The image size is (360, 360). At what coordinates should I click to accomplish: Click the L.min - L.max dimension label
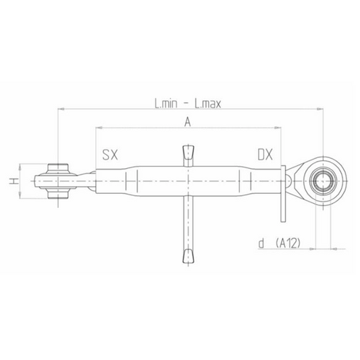pyautogui.click(x=188, y=104)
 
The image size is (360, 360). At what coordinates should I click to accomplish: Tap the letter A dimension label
pyautogui.click(x=188, y=122)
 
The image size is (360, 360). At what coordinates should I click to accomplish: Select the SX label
pyautogui.click(x=110, y=155)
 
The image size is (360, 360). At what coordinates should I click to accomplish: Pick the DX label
pyautogui.click(x=265, y=155)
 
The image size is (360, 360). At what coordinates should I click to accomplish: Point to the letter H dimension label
pyautogui.click(x=14, y=181)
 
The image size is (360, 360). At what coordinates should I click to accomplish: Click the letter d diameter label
pyautogui.click(x=261, y=243)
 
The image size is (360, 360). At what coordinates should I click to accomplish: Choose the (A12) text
pyautogui.click(x=288, y=243)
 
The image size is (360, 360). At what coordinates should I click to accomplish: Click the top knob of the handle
pyautogui.click(x=188, y=152)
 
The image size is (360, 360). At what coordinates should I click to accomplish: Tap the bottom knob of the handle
pyautogui.click(x=188, y=256)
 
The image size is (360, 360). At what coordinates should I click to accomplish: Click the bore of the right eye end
pyautogui.click(x=323, y=181)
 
